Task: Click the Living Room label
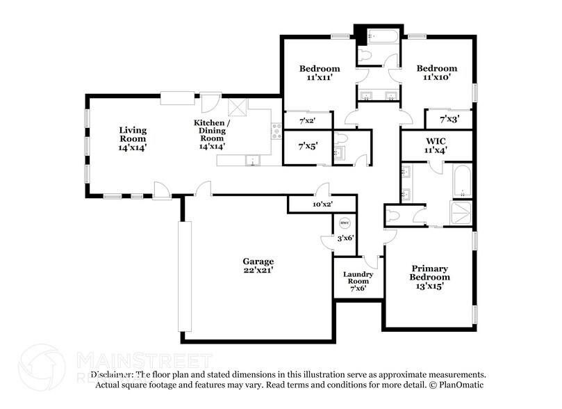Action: click(133, 138)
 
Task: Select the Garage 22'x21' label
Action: click(258, 265)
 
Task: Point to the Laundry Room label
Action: click(358, 281)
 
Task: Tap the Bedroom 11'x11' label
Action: click(320, 73)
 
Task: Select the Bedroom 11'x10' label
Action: click(437, 73)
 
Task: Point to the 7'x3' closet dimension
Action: click(450, 120)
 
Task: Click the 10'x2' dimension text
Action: click(322, 205)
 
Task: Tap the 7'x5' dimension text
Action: click(308, 147)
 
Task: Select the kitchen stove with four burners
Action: click(276, 130)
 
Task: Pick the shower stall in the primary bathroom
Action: click(461, 213)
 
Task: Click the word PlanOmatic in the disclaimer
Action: click(461, 385)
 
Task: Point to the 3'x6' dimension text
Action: click(345, 238)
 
